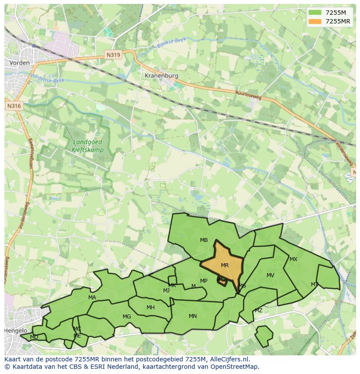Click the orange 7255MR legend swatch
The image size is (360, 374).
[x=316, y=21]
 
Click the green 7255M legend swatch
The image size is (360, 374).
[x=316, y=13]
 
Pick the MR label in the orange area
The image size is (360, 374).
[x=225, y=265]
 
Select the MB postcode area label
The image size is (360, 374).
[x=204, y=240]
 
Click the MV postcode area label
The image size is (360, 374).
[x=270, y=275]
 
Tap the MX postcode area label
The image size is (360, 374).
[x=293, y=259]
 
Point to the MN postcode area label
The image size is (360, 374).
[x=193, y=316]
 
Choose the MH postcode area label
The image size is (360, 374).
[x=150, y=308]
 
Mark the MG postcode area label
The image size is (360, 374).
[x=127, y=317]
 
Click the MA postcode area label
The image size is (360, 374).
[x=92, y=298]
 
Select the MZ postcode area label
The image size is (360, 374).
[x=259, y=311]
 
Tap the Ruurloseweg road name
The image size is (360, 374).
[x=248, y=95]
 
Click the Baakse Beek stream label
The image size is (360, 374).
[x=172, y=43]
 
